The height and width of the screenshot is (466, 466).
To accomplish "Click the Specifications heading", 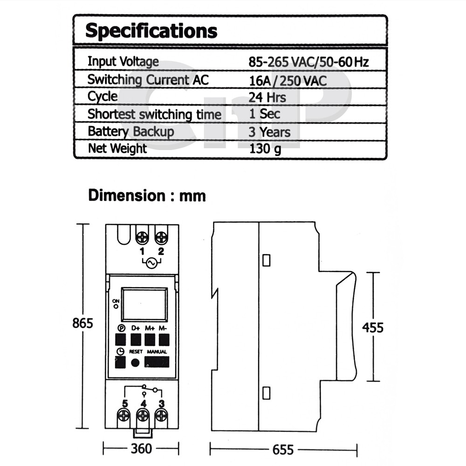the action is coord(151,31).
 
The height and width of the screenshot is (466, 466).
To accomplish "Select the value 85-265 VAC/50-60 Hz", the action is coord(308,62).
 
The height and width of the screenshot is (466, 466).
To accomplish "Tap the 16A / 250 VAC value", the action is coord(288,81).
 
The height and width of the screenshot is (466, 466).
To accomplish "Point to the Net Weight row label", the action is coord(117,149).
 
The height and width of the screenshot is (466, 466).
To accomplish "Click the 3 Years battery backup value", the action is coord(269,132).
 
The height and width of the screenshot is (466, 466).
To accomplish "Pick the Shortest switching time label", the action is coord(155,115).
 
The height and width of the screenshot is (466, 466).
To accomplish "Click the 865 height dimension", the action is coord(82,323).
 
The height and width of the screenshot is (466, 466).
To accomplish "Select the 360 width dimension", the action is coord(142,449).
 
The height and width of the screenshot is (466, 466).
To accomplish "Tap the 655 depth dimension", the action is coord(283,450).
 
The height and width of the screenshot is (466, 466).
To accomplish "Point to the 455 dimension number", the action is coord(373,328).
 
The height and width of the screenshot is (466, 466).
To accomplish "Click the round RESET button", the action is coord(135,363).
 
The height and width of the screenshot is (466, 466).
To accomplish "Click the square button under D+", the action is coord(136,339).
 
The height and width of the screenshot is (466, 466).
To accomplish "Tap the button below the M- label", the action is coord(164,339).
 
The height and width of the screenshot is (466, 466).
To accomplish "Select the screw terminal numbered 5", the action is coord(123,416).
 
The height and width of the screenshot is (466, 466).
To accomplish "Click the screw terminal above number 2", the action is coord(161,238).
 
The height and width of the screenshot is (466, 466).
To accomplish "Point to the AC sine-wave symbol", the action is coord(151,263).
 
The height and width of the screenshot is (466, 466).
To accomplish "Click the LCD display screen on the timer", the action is coord(144,304).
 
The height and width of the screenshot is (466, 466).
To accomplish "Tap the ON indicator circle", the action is coord(116,307).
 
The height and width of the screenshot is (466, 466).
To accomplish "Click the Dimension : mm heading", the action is coord(147,196).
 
